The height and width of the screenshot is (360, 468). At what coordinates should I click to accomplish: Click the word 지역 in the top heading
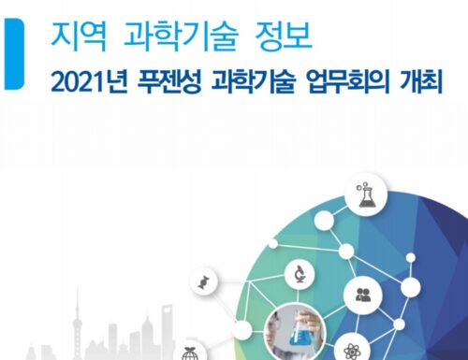coord(79,36)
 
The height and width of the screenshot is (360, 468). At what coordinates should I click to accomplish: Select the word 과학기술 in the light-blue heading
coord(181,36)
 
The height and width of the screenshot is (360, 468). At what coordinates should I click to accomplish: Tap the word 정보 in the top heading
coord(284,36)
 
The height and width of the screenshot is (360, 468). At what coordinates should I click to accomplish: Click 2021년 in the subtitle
coord(89,81)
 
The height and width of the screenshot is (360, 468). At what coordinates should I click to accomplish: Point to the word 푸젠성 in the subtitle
coord(169,81)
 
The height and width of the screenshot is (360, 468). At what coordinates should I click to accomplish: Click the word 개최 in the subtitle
coord(421,81)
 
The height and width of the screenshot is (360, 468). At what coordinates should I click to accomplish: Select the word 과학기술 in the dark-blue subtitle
coord(253,81)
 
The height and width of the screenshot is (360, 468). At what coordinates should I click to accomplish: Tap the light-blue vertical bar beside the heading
coord(13,54)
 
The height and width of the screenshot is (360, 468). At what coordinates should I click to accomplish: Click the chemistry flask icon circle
coord(366,195)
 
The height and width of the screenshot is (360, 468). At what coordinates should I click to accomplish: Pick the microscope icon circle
coord(300,274)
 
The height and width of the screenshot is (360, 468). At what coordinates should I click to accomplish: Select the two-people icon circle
coord(363,295)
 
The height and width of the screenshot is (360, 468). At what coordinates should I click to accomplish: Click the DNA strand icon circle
coord(204,281)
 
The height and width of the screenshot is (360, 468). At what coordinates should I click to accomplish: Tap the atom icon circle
coord(352,349)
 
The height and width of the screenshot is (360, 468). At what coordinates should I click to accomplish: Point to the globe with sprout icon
coord(189,353)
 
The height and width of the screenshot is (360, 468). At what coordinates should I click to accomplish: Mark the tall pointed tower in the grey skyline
coord(77,324)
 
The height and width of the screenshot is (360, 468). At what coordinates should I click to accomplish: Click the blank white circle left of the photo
coord(241,330)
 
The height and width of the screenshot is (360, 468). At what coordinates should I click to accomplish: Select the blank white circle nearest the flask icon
coord(324,221)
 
